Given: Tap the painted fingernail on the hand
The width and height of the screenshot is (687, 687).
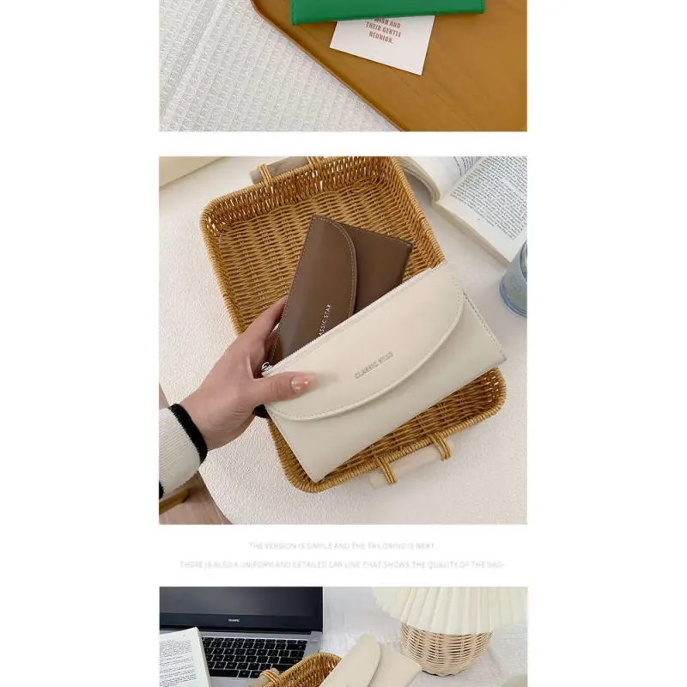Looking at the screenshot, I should pos(300,385).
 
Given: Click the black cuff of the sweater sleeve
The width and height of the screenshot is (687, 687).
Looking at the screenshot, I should pos(190,429).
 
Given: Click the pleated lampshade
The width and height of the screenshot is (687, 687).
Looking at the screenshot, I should pos(451,605).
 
